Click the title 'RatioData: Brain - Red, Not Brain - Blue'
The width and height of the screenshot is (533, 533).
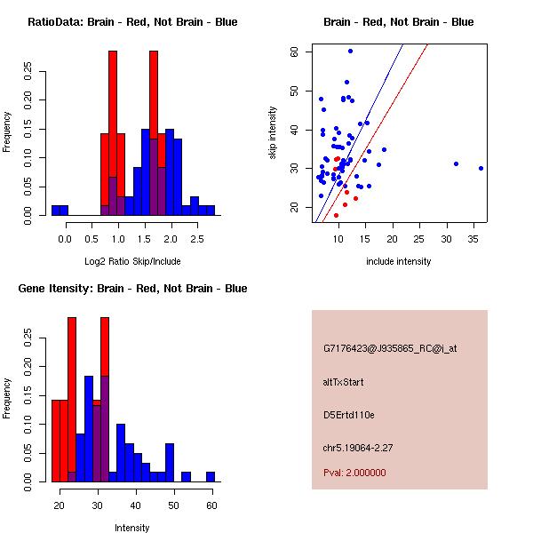click(x=132, y=22)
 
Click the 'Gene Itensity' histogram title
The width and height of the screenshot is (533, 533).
click(x=132, y=289)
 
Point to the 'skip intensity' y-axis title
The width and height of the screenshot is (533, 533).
click(x=273, y=134)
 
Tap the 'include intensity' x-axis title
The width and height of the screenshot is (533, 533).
click(x=399, y=261)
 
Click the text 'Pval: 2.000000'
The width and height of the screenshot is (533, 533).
click(x=354, y=473)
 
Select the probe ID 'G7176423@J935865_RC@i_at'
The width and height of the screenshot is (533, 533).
click(x=389, y=349)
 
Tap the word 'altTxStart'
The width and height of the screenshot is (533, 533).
click(x=344, y=382)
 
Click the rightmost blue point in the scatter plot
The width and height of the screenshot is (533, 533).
click(x=481, y=168)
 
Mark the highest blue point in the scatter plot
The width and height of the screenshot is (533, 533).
click(x=350, y=52)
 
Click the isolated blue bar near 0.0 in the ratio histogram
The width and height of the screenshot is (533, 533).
click(x=60, y=210)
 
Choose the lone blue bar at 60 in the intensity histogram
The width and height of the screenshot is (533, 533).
click(x=211, y=477)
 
